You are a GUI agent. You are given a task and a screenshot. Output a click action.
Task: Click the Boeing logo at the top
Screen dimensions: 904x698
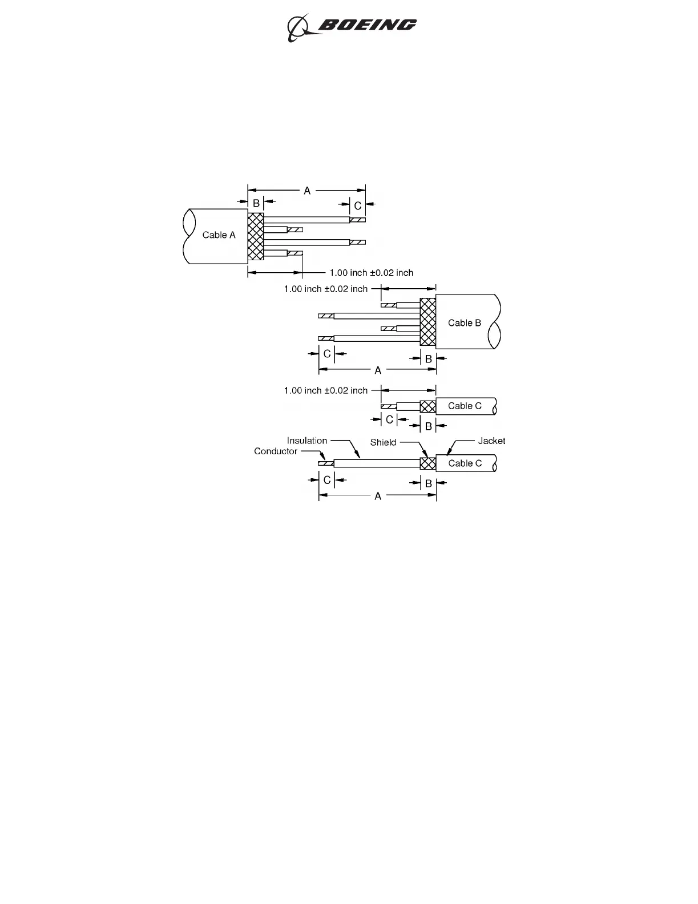click(351, 27)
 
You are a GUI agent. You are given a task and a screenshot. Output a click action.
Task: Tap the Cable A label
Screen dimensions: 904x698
click(219, 235)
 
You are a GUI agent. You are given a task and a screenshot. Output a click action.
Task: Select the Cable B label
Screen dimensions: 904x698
click(464, 323)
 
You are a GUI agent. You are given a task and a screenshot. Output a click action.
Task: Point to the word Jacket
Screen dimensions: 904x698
click(491, 441)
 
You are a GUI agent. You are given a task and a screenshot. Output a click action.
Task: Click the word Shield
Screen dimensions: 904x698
click(383, 442)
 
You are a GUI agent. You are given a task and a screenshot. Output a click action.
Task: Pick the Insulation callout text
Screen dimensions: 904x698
click(307, 441)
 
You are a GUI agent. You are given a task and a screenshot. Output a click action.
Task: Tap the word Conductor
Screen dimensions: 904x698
click(276, 451)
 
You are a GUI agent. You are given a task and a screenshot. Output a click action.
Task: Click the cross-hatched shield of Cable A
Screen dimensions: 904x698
click(256, 236)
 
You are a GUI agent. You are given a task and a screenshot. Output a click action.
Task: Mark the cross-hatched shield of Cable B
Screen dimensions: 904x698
click(428, 322)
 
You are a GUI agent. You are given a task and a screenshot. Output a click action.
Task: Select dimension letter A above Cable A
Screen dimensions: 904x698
click(307, 191)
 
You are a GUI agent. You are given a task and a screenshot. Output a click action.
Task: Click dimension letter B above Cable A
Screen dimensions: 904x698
click(256, 203)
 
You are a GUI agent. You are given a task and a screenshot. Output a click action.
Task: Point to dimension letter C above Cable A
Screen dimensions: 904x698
click(358, 205)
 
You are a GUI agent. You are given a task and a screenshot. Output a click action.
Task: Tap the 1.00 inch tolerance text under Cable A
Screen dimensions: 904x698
click(372, 273)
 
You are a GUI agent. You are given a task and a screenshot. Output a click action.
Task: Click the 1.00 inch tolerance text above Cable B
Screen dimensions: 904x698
click(326, 289)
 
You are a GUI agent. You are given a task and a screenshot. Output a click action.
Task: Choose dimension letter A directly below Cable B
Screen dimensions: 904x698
click(378, 371)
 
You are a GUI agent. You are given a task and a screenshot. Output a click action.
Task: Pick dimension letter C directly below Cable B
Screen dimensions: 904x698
click(327, 354)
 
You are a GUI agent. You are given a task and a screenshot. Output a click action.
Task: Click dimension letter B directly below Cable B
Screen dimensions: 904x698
click(429, 360)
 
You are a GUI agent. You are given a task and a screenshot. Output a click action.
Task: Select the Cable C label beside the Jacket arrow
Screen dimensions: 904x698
click(465, 463)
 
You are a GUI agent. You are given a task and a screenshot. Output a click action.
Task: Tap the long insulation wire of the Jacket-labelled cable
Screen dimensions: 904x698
click(377, 463)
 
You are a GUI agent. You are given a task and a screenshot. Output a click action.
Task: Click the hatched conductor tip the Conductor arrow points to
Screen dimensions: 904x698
click(326, 463)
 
